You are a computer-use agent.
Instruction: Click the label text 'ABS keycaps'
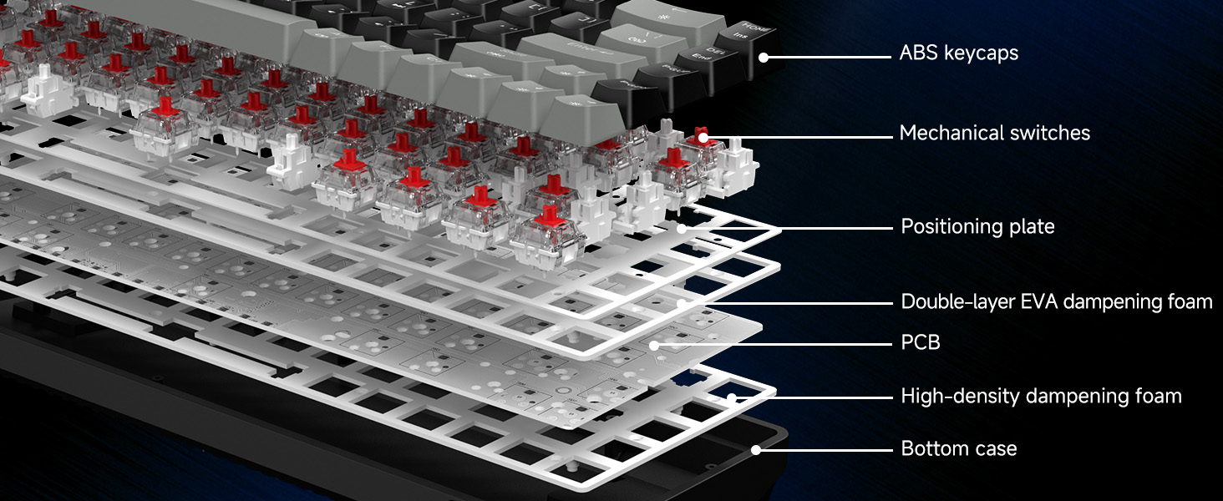tap(958, 53)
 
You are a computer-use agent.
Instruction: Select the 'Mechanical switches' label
tap(994, 133)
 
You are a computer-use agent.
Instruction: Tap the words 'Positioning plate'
tap(977, 226)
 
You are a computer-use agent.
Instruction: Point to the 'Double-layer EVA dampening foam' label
tap(1056, 301)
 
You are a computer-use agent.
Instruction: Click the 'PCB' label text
tap(921, 342)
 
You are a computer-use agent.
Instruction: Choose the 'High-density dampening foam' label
tap(1041, 396)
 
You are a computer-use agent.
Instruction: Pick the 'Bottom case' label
tap(958, 448)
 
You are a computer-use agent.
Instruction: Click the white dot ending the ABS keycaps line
tap(764, 57)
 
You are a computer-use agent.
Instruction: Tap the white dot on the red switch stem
tap(703, 135)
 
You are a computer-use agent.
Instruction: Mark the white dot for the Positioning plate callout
tap(683, 227)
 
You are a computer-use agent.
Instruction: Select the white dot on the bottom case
tap(755, 450)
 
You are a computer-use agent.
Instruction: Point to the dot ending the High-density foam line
tap(732, 397)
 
